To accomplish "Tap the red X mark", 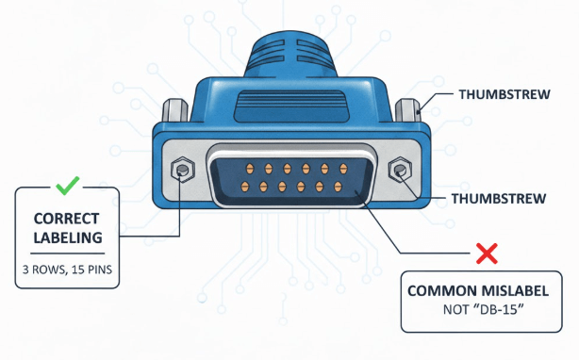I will (487, 252).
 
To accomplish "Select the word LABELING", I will (67, 237).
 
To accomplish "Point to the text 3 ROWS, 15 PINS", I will (67, 270).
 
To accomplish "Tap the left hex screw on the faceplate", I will (181, 171).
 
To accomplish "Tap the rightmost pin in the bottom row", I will (336, 185).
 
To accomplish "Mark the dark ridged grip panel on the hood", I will (290, 101).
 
